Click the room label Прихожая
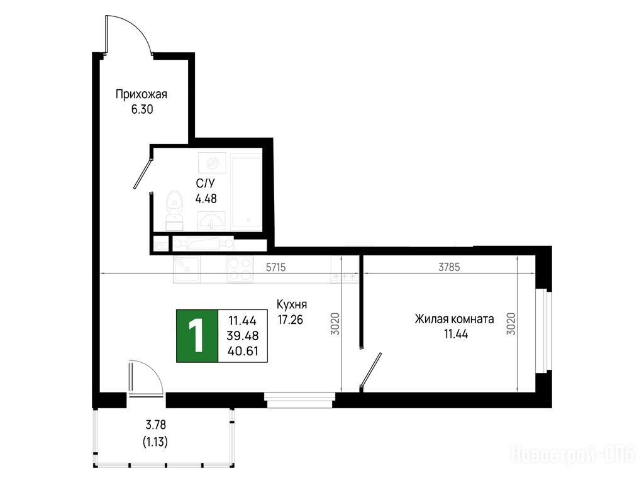click(142, 95)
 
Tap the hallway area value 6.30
click(142, 109)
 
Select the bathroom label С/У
click(206, 184)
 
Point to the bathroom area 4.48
click(206, 199)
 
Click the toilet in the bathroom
click(175, 210)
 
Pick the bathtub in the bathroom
click(246, 190)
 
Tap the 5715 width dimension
click(275, 267)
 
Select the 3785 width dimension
click(449, 267)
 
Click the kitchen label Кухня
click(292, 305)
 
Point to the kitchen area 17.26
click(291, 320)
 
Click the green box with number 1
click(197, 336)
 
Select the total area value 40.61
click(243, 351)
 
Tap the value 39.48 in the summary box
click(243, 336)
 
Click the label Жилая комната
click(454, 319)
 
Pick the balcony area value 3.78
click(156, 425)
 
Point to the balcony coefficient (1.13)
click(155, 442)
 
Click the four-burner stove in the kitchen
click(240, 269)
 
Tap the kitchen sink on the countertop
click(187, 269)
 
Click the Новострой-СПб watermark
click(572, 455)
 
